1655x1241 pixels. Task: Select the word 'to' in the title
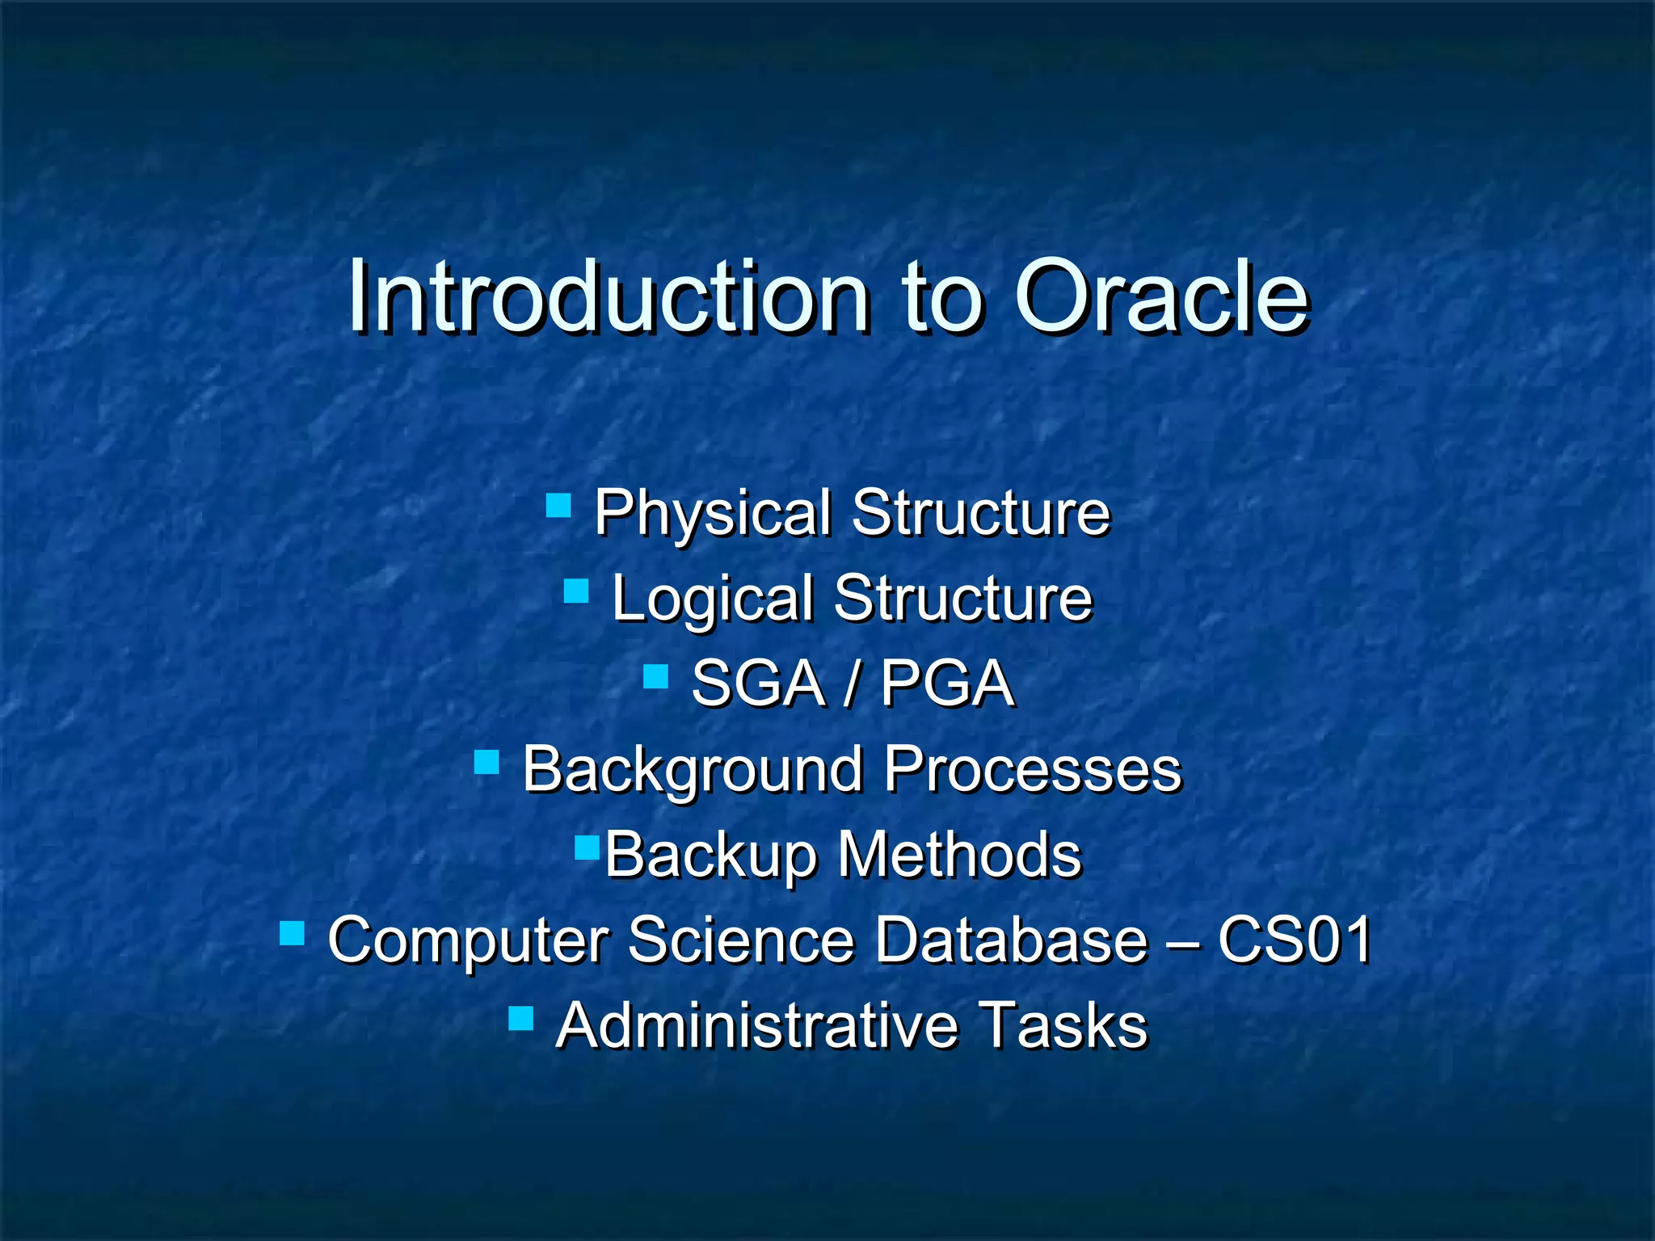(x=941, y=299)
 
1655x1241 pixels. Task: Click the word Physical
(x=712, y=515)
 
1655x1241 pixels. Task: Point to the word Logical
(x=711, y=600)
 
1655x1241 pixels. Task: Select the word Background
(x=693, y=771)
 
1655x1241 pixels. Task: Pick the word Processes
(x=1032, y=769)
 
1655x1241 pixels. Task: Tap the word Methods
(x=959, y=854)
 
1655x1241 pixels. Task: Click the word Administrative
(x=756, y=1025)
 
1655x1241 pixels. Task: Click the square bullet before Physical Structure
(x=558, y=506)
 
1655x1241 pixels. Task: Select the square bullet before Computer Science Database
(x=292, y=933)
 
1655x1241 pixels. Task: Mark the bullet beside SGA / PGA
(x=655, y=676)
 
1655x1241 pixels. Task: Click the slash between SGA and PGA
(x=851, y=685)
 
